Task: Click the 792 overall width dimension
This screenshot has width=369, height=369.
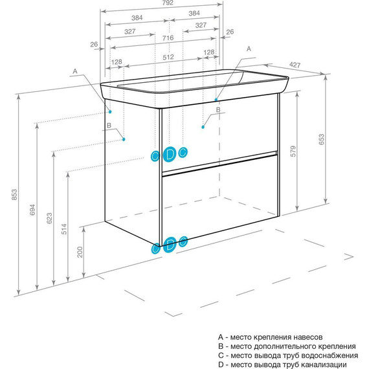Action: tap(168, 3)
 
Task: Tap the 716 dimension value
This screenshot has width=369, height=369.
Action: tap(168, 38)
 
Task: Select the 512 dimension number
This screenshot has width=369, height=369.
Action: tap(168, 57)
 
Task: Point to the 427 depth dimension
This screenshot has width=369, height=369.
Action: tap(295, 65)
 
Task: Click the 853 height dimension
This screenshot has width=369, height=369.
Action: tap(14, 195)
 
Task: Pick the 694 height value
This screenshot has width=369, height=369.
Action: tap(32, 210)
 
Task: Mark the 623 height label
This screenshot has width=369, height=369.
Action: tap(49, 218)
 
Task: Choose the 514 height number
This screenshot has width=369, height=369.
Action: tap(64, 229)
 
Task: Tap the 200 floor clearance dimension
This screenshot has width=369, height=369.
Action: tap(80, 252)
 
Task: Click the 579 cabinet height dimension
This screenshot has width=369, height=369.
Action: tap(293, 151)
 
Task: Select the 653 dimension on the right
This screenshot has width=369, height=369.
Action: tap(321, 139)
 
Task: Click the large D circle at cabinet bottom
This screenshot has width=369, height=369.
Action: tap(170, 245)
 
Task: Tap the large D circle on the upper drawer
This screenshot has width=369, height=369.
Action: tap(170, 154)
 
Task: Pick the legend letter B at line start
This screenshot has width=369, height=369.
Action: tap(221, 346)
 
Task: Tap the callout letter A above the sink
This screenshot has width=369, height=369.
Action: tap(249, 49)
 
